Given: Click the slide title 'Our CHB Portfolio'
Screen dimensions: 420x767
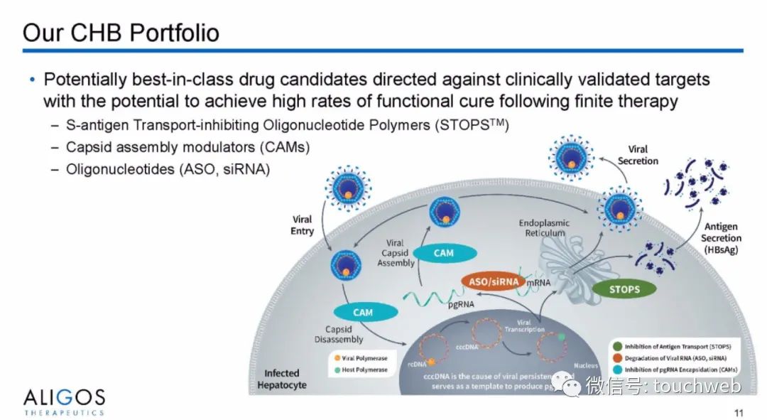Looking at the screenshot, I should coord(121,33).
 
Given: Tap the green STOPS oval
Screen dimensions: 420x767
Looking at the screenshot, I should coord(624,289).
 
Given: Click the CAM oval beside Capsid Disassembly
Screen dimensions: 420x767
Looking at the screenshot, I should coord(363,312).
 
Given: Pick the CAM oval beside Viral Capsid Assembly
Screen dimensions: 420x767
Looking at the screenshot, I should coord(443,252).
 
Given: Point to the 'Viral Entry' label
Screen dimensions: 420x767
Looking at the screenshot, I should coord(302,225).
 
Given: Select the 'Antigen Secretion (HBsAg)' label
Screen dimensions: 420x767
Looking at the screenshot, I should coord(720,238).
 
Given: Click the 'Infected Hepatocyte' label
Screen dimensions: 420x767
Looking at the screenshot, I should coord(282,379).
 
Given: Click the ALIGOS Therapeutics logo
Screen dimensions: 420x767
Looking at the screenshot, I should coord(64,402).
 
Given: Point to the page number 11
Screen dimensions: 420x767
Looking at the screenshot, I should coord(739,411).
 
